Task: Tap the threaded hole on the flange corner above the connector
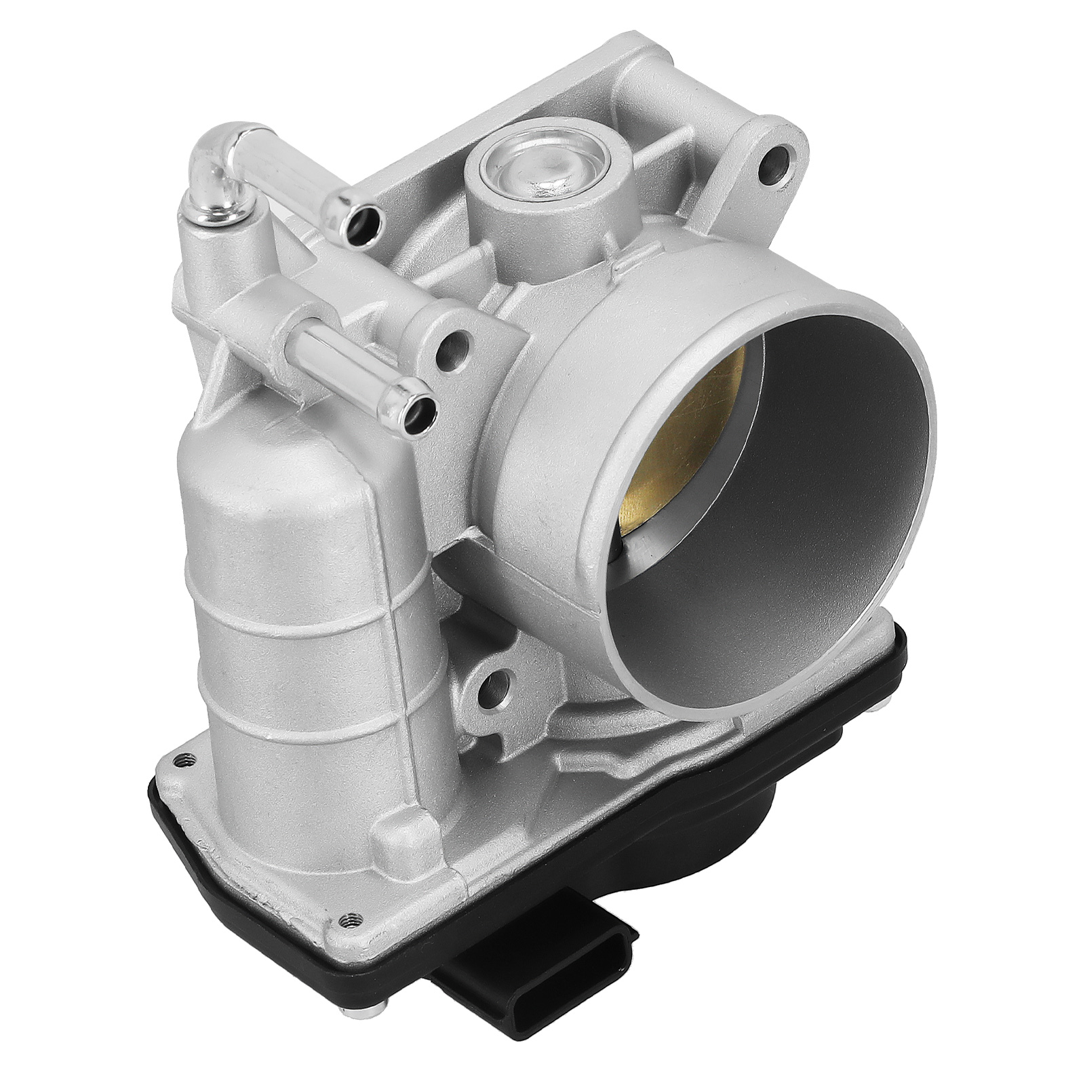[x=350, y=918]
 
